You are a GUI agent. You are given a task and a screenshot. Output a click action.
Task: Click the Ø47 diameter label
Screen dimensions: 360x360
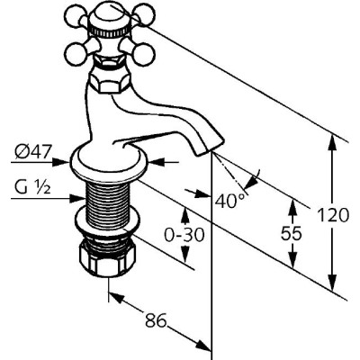[x=33, y=152]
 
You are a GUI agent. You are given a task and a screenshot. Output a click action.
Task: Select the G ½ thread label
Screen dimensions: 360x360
[x=31, y=187]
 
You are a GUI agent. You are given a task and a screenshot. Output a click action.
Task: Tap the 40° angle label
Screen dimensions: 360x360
[x=229, y=201]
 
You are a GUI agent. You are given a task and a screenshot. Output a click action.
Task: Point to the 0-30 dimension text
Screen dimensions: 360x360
[x=184, y=235]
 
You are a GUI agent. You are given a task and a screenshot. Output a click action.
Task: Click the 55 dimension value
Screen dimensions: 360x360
[x=291, y=233]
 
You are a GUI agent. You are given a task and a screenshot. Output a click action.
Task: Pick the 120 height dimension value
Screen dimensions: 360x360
[x=333, y=215]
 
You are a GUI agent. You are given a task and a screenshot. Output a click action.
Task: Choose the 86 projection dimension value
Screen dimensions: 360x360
[x=156, y=319]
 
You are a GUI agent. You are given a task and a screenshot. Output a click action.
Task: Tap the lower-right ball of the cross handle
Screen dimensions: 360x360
[x=145, y=53]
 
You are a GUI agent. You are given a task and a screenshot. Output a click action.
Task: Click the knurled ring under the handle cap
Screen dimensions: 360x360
[x=111, y=31]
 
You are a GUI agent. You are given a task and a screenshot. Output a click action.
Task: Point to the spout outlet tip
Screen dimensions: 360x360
[x=210, y=146]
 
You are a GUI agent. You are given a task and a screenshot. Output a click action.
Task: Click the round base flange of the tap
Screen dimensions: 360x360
[x=110, y=162]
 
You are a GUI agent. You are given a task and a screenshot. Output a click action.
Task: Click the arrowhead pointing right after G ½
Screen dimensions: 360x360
[x=77, y=198]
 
